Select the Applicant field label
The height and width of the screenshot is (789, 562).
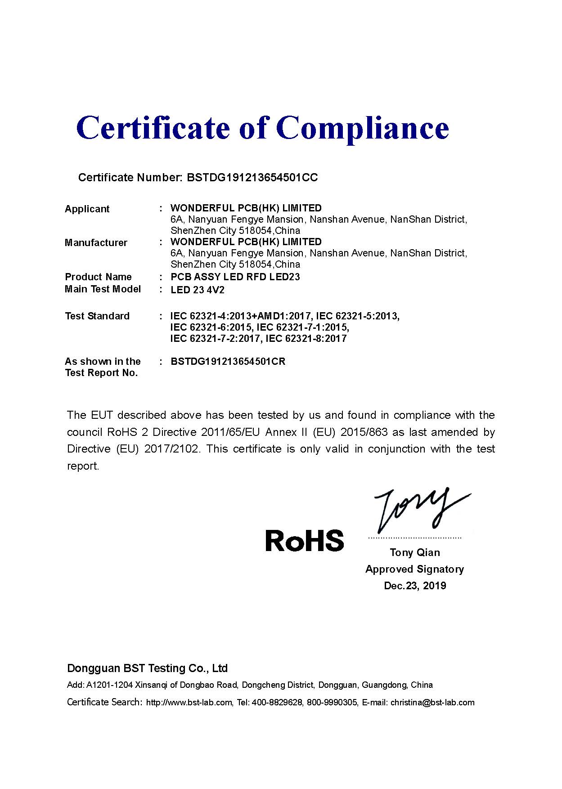[87, 209]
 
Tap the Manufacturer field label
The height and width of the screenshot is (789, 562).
[96, 243]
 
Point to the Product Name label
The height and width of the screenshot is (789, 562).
[98, 277]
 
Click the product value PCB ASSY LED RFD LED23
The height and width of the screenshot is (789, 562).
[235, 277]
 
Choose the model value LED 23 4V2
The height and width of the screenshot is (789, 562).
[198, 290]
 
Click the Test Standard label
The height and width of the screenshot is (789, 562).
[97, 316]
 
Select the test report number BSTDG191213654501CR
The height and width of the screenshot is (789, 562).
[228, 362]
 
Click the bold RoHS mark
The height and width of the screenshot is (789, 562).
[305, 540]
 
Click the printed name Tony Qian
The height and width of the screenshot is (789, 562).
[415, 552]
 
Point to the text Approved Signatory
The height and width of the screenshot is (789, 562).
[414, 569]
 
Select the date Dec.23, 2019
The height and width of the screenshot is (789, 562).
[415, 586]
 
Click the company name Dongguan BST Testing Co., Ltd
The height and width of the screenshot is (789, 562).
[147, 668]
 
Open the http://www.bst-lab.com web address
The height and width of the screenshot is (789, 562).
[189, 702]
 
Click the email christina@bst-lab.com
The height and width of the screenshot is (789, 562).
[432, 702]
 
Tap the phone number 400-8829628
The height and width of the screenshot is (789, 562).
[277, 702]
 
